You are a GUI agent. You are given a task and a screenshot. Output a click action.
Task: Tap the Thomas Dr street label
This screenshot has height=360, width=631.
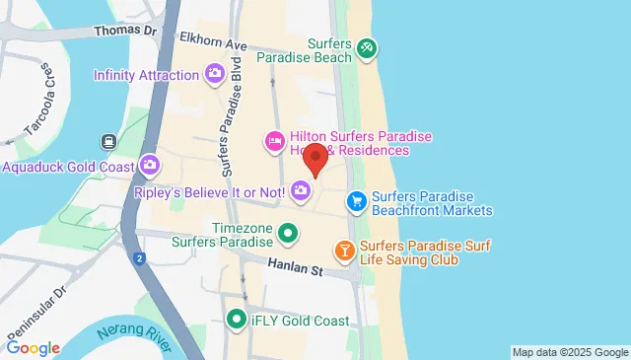point(125,31)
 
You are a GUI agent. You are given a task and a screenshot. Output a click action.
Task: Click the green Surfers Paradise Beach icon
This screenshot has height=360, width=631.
point(366,46)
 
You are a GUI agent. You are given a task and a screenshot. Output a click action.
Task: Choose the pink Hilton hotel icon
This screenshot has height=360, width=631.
point(274,142)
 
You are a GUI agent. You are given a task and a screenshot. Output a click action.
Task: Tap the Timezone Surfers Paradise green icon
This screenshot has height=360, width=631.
point(287,234)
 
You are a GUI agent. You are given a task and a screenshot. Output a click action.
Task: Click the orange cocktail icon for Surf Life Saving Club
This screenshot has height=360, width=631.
point(344,252)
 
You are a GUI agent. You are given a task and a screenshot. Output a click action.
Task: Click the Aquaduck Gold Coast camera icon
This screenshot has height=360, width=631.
point(150,165)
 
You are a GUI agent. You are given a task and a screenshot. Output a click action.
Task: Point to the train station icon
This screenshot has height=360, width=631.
point(105,143)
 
